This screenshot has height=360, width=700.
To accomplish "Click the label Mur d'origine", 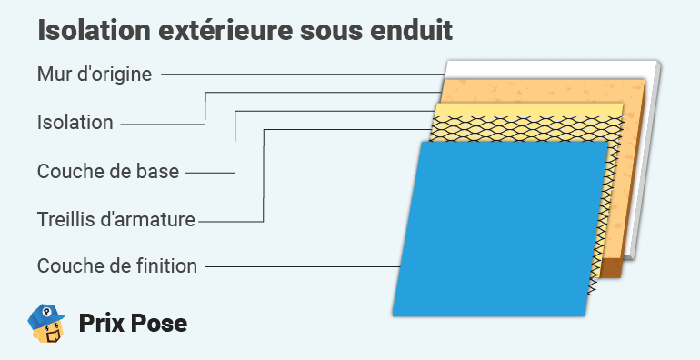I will (x=95, y=74).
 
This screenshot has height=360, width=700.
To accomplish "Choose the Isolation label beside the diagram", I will (x=75, y=123).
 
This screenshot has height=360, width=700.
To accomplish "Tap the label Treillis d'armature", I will (x=116, y=219).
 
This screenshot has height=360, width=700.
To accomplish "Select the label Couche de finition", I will (x=117, y=266).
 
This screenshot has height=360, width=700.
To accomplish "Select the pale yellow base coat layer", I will (x=527, y=110).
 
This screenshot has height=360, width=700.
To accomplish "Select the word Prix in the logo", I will (x=103, y=324).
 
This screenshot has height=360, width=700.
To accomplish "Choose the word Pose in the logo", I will (x=160, y=324).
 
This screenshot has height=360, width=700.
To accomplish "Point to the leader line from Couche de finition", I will (x=300, y=266).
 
